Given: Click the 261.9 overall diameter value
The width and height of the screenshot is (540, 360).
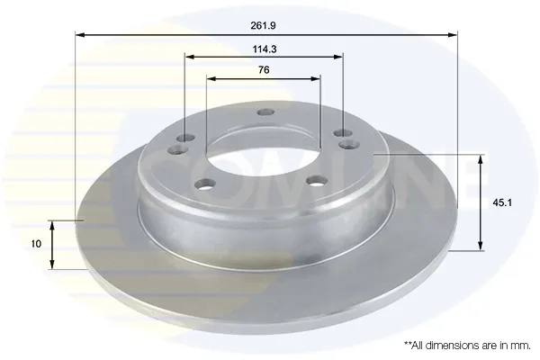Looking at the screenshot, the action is (x=263, y=25).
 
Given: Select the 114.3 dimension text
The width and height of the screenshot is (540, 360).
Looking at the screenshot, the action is (x=265, y=49).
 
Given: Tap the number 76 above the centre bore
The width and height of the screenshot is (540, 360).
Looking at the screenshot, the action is (x=264, y=70).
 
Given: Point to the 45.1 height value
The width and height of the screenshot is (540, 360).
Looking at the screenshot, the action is (x=502, y=202).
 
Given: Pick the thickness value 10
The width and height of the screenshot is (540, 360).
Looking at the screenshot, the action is (x=36, y=244).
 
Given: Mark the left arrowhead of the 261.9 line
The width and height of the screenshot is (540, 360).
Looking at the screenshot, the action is (x=80, y=35).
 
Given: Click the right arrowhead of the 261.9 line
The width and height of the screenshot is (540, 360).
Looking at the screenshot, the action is (x=453, y=35).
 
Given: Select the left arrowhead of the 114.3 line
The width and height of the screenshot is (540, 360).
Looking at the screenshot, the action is (x=189, y=57).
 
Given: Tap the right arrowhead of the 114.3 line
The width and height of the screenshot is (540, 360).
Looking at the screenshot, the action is (x=338, y=57).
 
